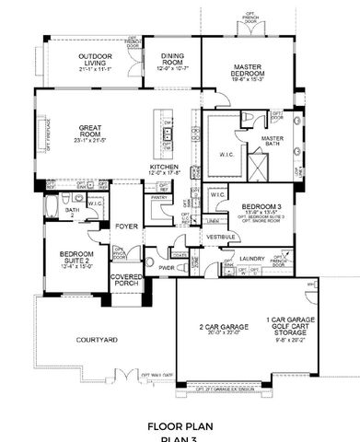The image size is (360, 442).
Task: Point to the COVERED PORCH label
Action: click(x=125, y=280)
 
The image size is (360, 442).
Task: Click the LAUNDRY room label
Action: click(x=252, y=260)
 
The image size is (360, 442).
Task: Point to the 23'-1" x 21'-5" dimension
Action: click(x=82, y=140)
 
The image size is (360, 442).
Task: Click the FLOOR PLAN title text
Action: click(x=180, y=426)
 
